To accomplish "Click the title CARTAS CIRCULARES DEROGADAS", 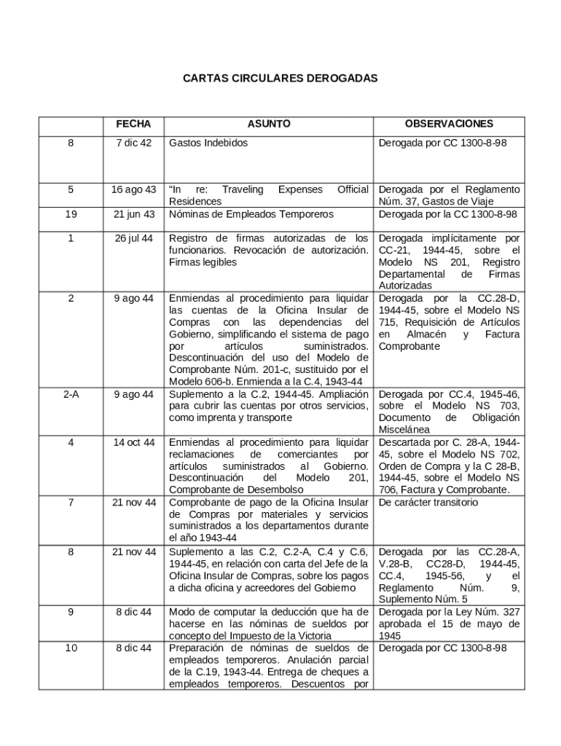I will click(280, 76).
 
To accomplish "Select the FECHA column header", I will click(133, 124).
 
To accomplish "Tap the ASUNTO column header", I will click(268, 124).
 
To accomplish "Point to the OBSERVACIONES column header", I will click(449, 124).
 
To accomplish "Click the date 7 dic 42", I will click(133, 143).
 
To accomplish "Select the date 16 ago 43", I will click(133, 189).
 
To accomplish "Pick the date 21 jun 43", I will click(133, 214).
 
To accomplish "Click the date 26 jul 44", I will click(133, 238).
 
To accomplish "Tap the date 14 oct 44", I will click(133, 442).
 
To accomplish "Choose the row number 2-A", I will click(71, 394).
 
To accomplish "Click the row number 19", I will click(71, 214).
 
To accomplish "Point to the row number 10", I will click(71, 648).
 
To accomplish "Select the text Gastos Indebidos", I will click(208, 143).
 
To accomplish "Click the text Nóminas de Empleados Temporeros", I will click(251, 214).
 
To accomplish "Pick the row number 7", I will click(71, 503).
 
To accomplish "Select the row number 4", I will click(71, 442).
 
